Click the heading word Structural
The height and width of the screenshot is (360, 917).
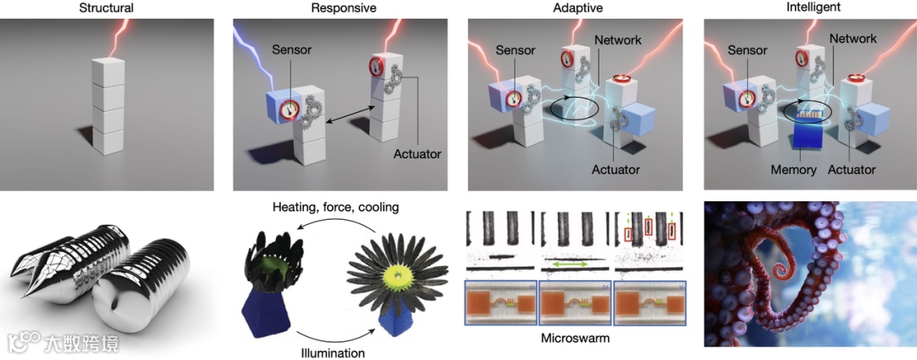(x=105, y=8)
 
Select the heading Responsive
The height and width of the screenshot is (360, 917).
(x=343, y=8)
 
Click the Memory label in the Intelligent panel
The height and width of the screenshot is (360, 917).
(x=794, y=170)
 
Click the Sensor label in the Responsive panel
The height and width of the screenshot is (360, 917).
(x=292, y=51)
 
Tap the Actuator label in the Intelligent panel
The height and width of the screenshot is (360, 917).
(x=852, y=170)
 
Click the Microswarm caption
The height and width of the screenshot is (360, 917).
(x=574, y=338)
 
